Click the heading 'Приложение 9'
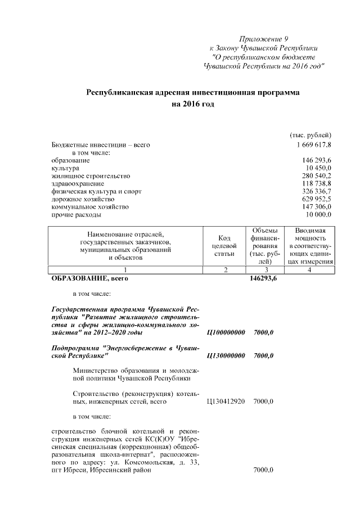tap(263, 39)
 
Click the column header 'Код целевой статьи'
tap(224, 246)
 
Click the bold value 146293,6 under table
tap(263, 278)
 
